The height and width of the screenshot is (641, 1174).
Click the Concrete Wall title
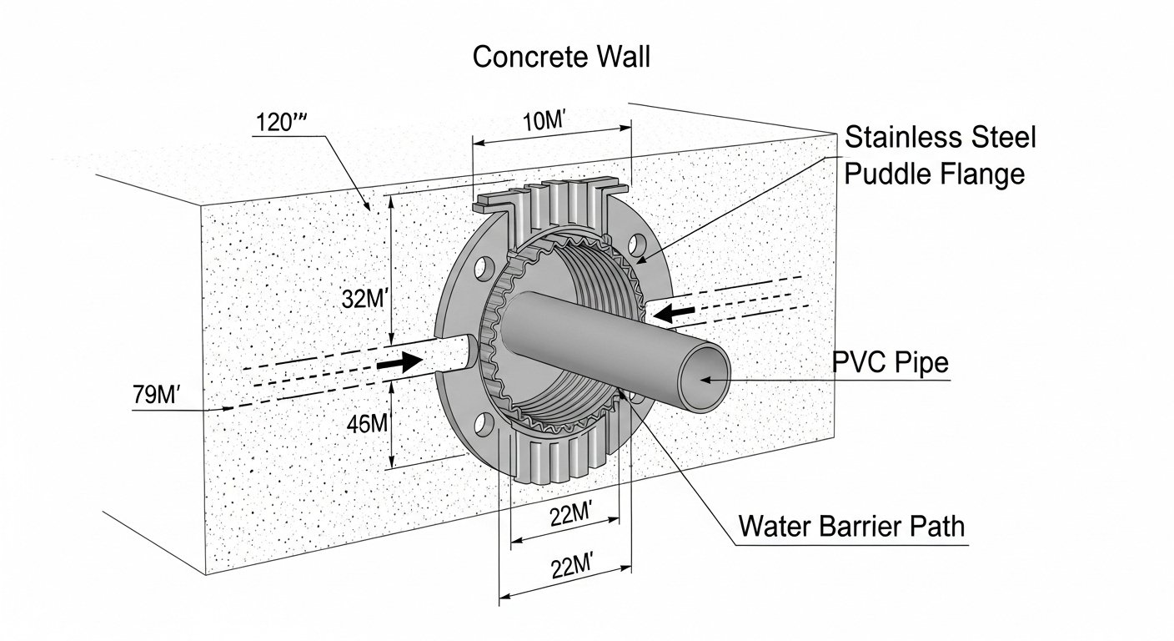tap(561, 58)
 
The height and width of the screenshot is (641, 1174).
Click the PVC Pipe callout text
tap(891, 363)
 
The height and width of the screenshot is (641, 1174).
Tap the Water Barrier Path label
tap(851, 527)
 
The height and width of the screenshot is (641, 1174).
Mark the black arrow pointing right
tap(399, 363)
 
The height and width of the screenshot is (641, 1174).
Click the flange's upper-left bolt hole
tap(482, 270)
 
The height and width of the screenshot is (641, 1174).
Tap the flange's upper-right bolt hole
tap(638, 244)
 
